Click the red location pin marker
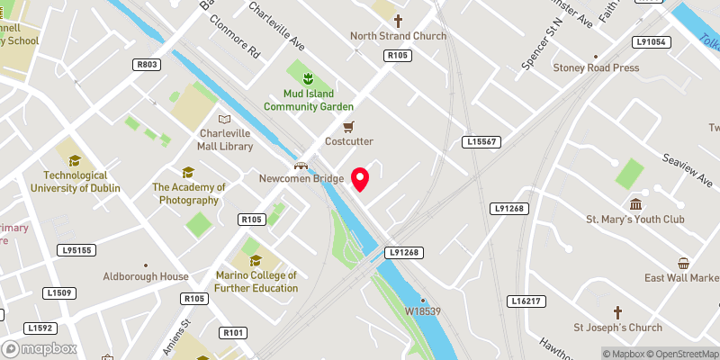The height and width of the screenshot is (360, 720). pyautogui.click(x=361, y=179)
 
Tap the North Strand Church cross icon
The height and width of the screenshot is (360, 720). pyautogui.click(x=398, y=20)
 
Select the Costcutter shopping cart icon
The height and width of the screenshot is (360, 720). pyautogui.click(x=349, y=126)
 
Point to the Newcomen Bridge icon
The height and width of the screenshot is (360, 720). pyautogui.click(x=302, y=165)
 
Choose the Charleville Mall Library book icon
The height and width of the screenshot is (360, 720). pyautogui.click(x=224, y=119)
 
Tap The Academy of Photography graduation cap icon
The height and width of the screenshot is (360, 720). pyautogui.click(x=188, y=172)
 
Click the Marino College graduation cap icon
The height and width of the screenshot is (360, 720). pyautogui.click(x=256, y=260)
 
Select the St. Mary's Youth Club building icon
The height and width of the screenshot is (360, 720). pyautogui.click(x=635, y=203)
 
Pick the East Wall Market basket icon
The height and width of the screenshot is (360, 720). pyautogui.click(x=684, y=264)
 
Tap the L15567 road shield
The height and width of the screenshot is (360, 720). pyautogui.click(x=482, y=142)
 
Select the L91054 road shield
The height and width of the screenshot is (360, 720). pyautogui.click(x=650, y=42)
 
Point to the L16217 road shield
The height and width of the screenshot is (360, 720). pyautogui.click(x=525, y=301)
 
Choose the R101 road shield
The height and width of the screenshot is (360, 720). pyautogui.click(x=233, y=333)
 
